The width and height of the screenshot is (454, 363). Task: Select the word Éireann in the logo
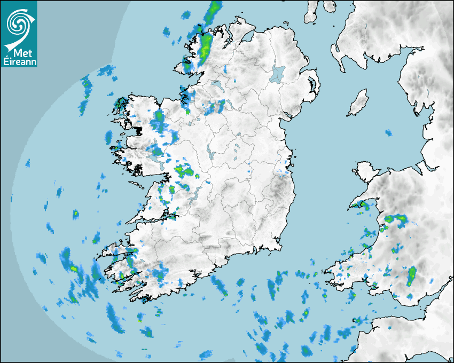(x=18, y=62)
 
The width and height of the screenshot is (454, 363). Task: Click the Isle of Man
(x=358, y=102)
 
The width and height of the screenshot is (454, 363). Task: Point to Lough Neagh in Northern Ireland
(x=278, y=73)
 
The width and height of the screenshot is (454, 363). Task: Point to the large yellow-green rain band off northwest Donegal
(x=206, y=43)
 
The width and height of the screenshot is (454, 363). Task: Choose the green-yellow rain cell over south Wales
(x=412, y=275)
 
